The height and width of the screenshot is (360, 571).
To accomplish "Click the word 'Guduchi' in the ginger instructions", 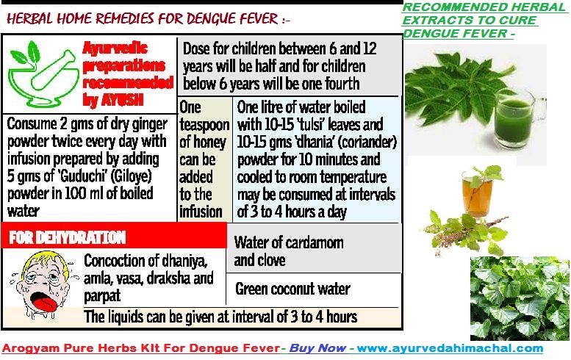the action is coord(82,176).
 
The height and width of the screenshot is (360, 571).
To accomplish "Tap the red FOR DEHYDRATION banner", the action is coord(114,237).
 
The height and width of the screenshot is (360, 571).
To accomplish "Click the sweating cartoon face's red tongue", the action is coord(41,300).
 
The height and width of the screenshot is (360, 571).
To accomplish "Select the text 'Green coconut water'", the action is coord(292,289).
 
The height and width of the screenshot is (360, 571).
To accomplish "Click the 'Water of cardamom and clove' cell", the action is coord(314,248).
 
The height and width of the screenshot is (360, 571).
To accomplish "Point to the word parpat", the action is coord(102,296).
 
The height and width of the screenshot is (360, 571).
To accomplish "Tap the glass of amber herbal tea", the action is coord(478,194).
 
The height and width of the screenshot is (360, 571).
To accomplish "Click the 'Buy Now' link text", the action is coord(317,348).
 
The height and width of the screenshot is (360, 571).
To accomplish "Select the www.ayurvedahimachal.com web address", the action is coord(450,348).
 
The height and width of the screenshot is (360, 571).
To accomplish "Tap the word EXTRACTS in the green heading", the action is coord(433,20).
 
